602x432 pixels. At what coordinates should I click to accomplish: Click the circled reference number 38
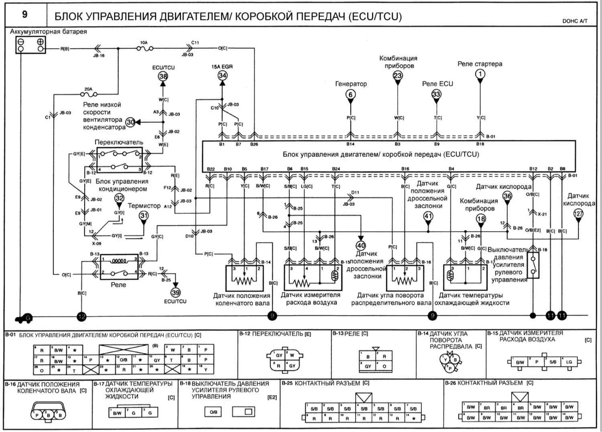pyautogui.click(x=163, y=76)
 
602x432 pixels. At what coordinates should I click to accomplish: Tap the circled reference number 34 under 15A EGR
pyautogui.click(x=222, y=76)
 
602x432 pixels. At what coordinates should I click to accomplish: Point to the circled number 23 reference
pyautogui.click(x=398, y=76)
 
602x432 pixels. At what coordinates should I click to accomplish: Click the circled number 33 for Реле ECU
pyautogui.click(x=436, y=94)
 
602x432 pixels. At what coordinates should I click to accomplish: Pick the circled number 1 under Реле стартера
pyautogui.click(x=480, y=74)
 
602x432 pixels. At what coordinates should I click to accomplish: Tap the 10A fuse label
pyautogui.click(x=144, y=43)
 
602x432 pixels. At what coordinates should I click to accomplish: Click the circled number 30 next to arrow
pyautogui.click(x=130, y=122)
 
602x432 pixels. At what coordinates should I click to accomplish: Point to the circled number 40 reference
pyautogui.click(x=361, y=245)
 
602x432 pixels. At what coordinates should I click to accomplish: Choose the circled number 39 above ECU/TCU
pyautogui.click(x=175, y=292)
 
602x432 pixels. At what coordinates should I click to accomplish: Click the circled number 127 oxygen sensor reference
pyautogui.click(x=578, y=214)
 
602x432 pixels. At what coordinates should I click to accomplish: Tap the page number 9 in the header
pyautogui.click(x=24, y=15)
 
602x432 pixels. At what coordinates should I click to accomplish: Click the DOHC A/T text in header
pyautogui.click(x=575, y=21)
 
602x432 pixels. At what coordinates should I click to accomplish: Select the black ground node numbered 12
pyautogui.click(x=81, y=317)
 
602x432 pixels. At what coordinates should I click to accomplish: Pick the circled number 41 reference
pyautogui.click(x=428, y=216)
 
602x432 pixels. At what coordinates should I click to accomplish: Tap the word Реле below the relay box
pyautogui.click(x=119, y=285)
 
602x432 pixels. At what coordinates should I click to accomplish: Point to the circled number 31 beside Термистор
pyautogui.click(x=143, y=216)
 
